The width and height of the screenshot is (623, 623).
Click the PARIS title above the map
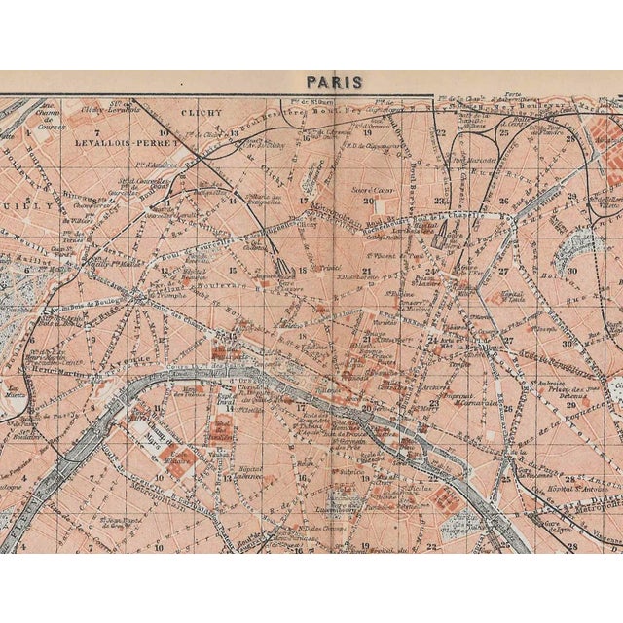coord(334,82)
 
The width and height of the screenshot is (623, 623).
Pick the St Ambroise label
coord(551,384)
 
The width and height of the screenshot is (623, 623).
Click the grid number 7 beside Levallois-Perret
coord(98,130)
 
